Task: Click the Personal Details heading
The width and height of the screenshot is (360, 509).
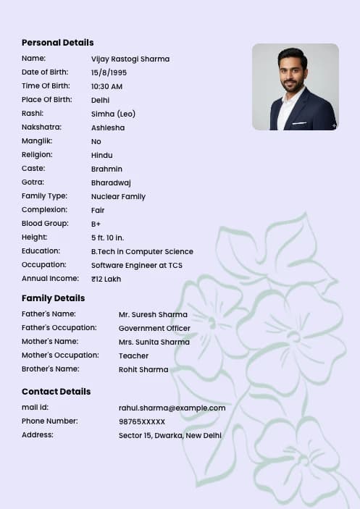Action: (x=57, y=43)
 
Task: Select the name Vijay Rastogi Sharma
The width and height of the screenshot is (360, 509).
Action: (x=130, y=59)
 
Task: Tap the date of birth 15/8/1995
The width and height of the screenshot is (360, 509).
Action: (x=109, y=72)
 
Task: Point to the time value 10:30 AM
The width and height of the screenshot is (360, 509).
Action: (x=106, y=86)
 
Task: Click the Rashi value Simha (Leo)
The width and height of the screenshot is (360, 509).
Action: (x=113, y=114)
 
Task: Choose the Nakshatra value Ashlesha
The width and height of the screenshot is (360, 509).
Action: (x=108, y=127)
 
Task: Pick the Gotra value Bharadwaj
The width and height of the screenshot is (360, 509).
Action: (x=111, y=182)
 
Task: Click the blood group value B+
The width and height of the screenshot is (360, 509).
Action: (x=96, y=224)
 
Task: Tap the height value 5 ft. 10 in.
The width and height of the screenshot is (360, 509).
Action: (x=107, y=237)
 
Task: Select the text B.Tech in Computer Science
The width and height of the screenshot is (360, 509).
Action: (x=142, y=251)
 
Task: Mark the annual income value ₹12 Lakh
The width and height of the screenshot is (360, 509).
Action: (x=106, y=279)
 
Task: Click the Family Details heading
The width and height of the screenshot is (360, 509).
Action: (x=53, y=298)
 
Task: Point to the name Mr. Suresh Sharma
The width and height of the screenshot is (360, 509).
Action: (x=153, y=315)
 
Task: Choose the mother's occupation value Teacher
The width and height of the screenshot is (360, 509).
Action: (x=133, y=356)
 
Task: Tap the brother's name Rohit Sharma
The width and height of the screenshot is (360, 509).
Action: (x=143, y=370)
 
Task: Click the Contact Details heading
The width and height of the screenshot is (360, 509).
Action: (x=56, y=392)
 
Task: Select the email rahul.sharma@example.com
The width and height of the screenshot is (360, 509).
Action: (x=172, y=408)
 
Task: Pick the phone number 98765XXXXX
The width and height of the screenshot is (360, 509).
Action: (x=142, y=421)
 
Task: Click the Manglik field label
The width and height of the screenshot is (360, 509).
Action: (x=37, y=141)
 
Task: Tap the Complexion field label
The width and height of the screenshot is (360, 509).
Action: (x=44, y=210)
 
